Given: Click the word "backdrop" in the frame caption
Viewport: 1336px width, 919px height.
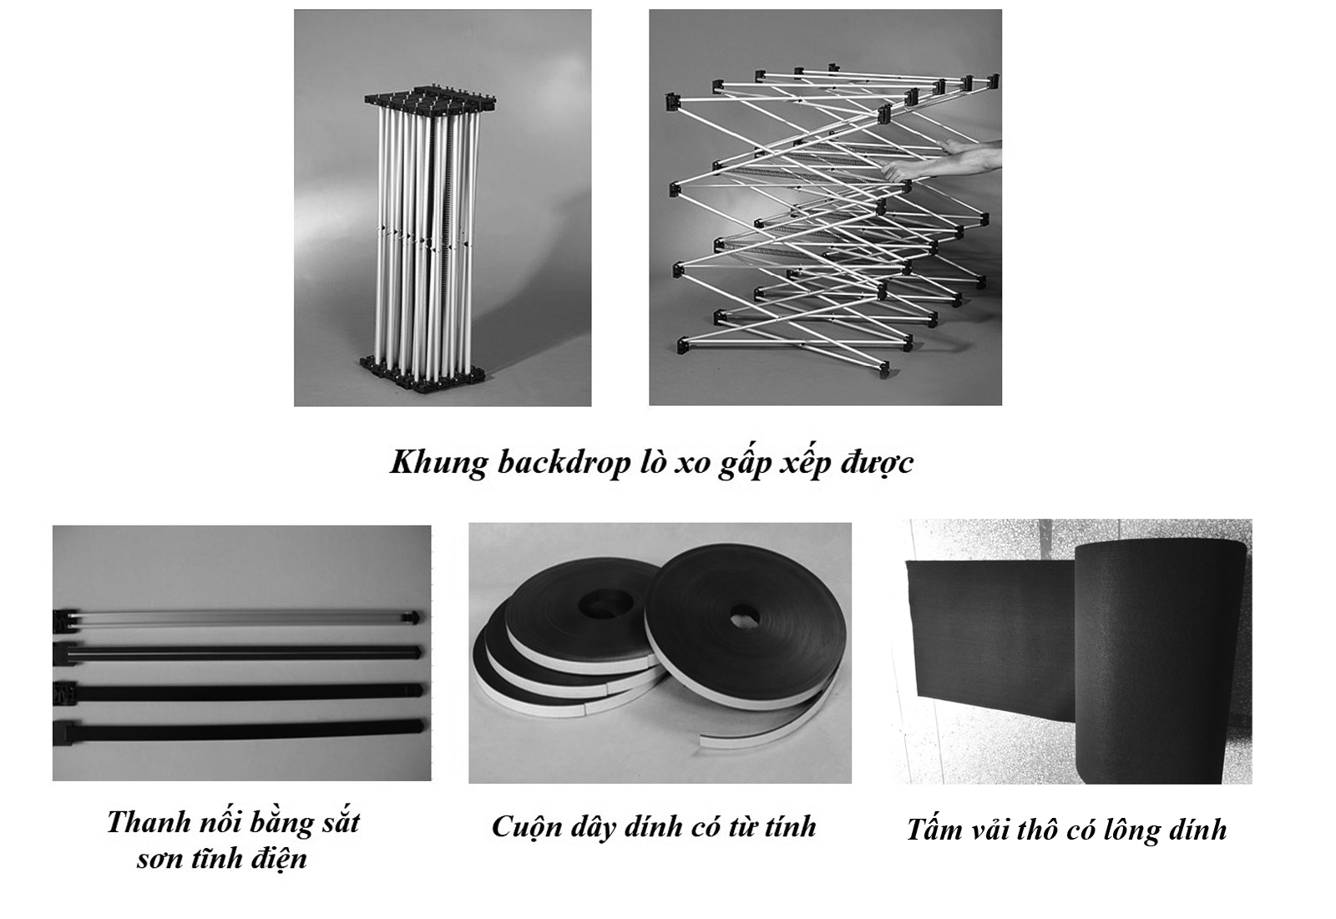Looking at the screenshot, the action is pyautogui.click(x=564, y=463).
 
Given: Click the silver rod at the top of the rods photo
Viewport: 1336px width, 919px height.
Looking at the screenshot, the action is pyautogui.click(x=239, y=617).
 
